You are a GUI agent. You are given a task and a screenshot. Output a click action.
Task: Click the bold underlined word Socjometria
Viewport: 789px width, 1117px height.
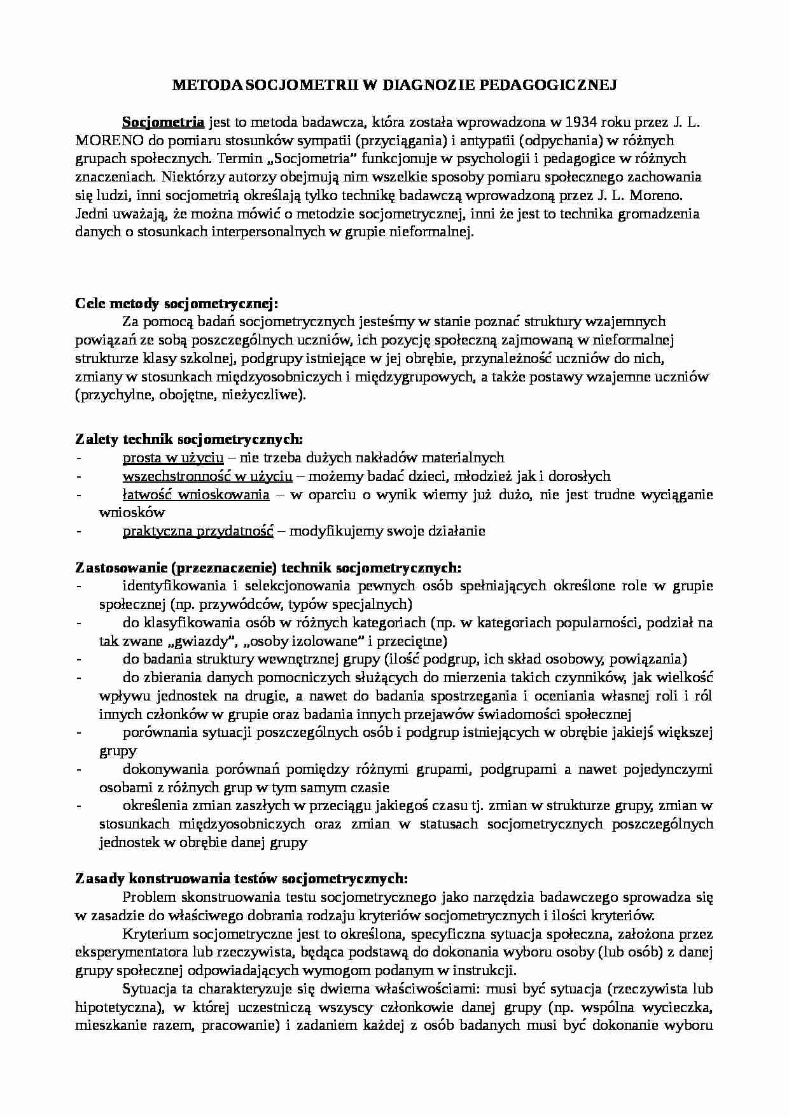(163, 122)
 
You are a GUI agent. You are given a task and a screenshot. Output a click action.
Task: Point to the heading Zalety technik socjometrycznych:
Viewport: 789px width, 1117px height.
(189, 439)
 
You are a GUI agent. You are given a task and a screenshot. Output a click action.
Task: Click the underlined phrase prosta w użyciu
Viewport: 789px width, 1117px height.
(172, 457)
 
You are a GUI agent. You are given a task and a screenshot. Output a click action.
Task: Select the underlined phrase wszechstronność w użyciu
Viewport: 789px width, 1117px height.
(207, 476)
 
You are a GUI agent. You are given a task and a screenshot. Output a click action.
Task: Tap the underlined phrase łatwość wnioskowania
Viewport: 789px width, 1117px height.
(195, 494)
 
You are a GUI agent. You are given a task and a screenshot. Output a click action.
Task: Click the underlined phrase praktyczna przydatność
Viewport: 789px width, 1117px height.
(197, 530)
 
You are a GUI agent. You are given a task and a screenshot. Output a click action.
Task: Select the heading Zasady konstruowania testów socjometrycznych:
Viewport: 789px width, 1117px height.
(241, 879)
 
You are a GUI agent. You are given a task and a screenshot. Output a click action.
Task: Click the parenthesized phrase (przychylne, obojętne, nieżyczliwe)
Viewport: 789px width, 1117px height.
(190, 395)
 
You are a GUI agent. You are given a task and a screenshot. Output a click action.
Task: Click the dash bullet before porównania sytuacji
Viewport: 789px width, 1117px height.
(78, 732)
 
